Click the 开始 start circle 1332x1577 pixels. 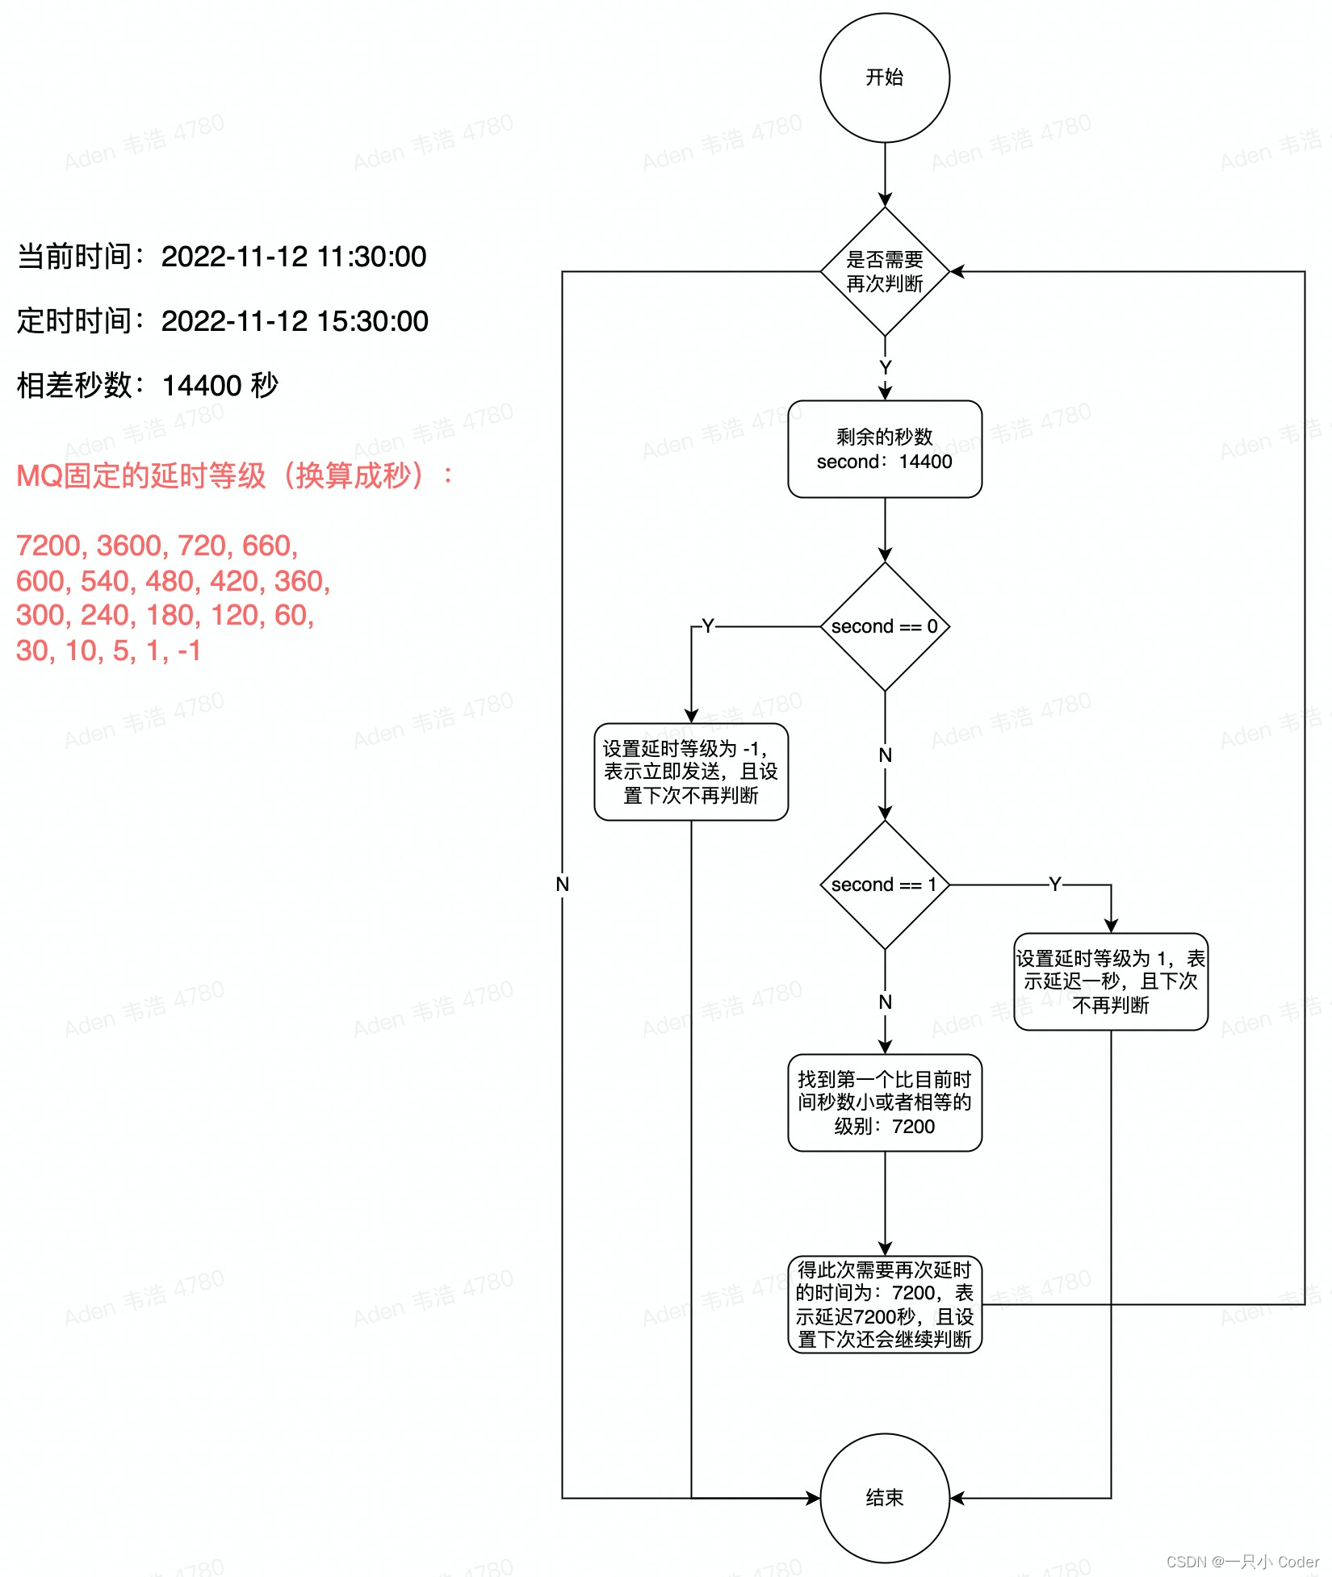tap(885, 77)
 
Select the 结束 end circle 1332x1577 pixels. tap(885, 1498)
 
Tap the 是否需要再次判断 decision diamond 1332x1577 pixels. tap(885, 271)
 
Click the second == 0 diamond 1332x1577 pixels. tap(885, 626)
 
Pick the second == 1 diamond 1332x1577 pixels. tap(885, 885)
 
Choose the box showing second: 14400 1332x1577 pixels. tap(885, 450)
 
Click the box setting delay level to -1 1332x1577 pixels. tap(691, 772)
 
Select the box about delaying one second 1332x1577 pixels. tap(1111, 981)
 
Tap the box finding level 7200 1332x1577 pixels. tap(885, 1102)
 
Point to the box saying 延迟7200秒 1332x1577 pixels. tap(885, 1304)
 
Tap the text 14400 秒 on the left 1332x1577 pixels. tap(220, 386)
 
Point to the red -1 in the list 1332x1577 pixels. tap(189, 650)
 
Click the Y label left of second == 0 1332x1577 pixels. tap(708, 626)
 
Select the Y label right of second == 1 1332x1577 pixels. tap(1054, 885)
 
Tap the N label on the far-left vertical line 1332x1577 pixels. tap(563, 885)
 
